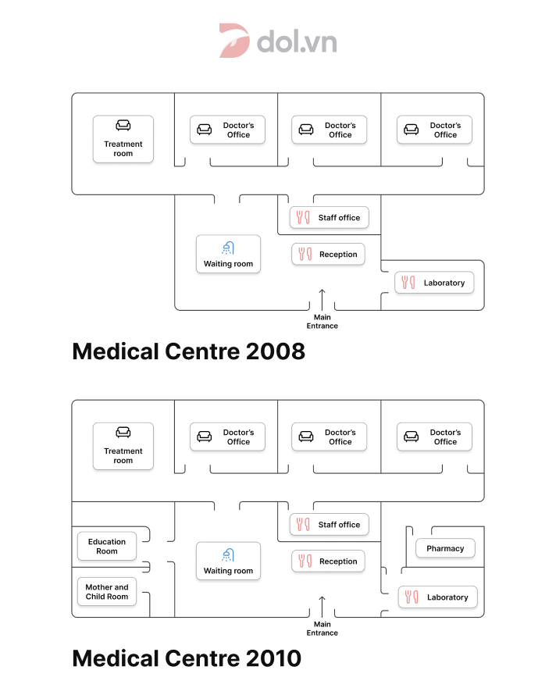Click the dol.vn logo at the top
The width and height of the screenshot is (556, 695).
pyautogui.click(x=278, y=41)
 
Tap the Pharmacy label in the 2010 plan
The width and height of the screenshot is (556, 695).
pyautogui.click(x=445, y=548)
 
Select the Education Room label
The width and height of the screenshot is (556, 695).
pyautogui.click(x=107, y=546)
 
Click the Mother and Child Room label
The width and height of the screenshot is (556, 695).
pyautogui.click(x=107, y=592)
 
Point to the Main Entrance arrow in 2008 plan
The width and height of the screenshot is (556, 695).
pyautogui.click(x=323, y=300)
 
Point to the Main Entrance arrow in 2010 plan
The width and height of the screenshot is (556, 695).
pyautogui.click(x=323, y=607)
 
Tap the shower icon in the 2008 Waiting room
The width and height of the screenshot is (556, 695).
pyautogui.click(x=228, y=248)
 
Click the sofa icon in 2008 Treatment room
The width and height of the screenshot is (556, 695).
pyautogui.click(x=123, y=126)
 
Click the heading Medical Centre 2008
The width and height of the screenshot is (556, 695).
pyautogui.click(x=189, y=351)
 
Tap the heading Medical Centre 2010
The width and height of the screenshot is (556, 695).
pyautogui.click(x=187, y=658)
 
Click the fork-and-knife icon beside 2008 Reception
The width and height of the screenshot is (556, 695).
pyautogui.click(x=305, y=254)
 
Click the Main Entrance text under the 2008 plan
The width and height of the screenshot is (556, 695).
pyautogui.click(x=323, y=322)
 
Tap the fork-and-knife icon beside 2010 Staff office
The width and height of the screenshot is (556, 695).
pyautogui.click(x=303, y=524)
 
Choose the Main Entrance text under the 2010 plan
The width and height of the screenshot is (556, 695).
pyautogui.click(x=323, y=629)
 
